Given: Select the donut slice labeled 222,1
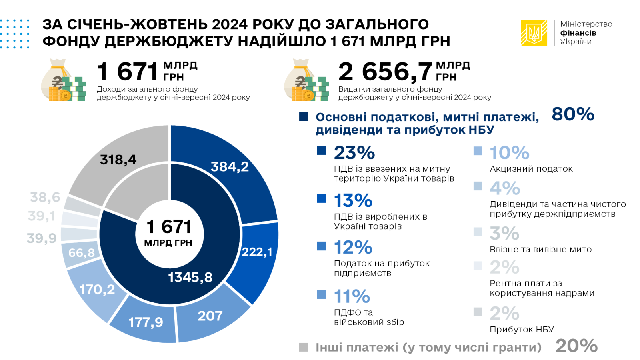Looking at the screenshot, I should point(257,252).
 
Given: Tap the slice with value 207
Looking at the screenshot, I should point(210,316).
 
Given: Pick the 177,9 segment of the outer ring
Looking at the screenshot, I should point(146,322).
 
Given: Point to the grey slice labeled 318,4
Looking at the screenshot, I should point(118,160).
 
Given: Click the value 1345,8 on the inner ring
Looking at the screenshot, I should point(190,277).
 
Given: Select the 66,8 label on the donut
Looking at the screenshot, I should point(82,253).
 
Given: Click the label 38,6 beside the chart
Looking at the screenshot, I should point(45,197).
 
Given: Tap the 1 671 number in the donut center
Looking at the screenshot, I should point(169,227).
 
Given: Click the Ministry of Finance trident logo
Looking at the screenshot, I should point(534,33).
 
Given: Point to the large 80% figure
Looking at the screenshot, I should point(573,114).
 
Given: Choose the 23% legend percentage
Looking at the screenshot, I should point(354,153).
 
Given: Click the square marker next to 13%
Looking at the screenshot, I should point(321,198).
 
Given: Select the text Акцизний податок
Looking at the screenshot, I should point(531,169).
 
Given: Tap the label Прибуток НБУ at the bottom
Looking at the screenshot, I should point(522,330).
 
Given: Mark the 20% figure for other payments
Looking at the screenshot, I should point(576,346).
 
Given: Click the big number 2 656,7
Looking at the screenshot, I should point(385,72).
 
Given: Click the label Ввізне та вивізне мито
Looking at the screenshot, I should point(540,250).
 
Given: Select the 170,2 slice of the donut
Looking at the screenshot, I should point(97,290).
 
